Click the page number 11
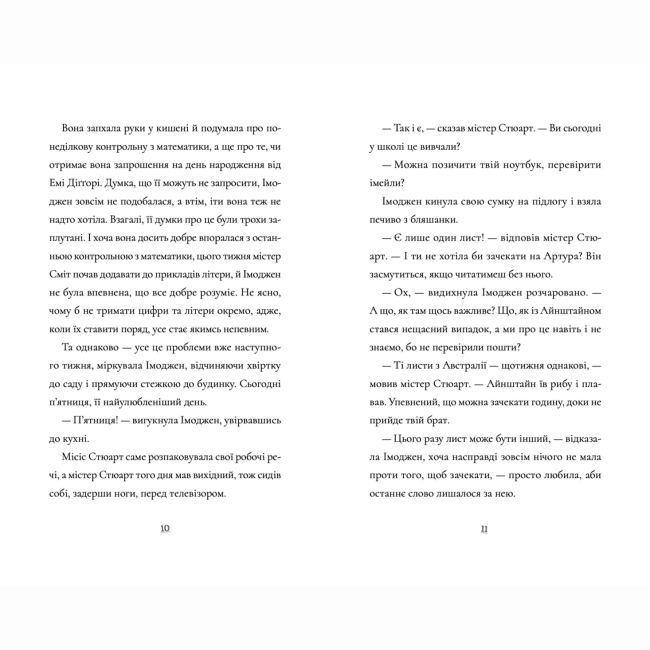click(x=483, y=529)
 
